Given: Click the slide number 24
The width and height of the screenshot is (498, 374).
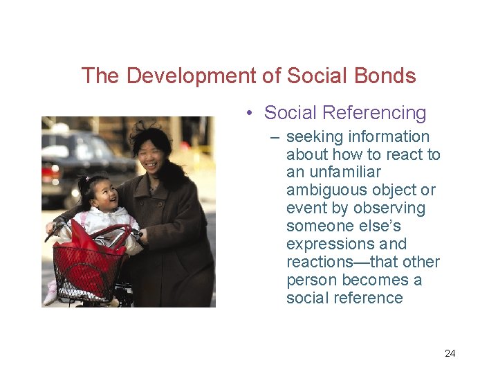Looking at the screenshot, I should click(450, 353).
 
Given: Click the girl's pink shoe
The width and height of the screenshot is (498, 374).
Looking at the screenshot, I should click(50, 294).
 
